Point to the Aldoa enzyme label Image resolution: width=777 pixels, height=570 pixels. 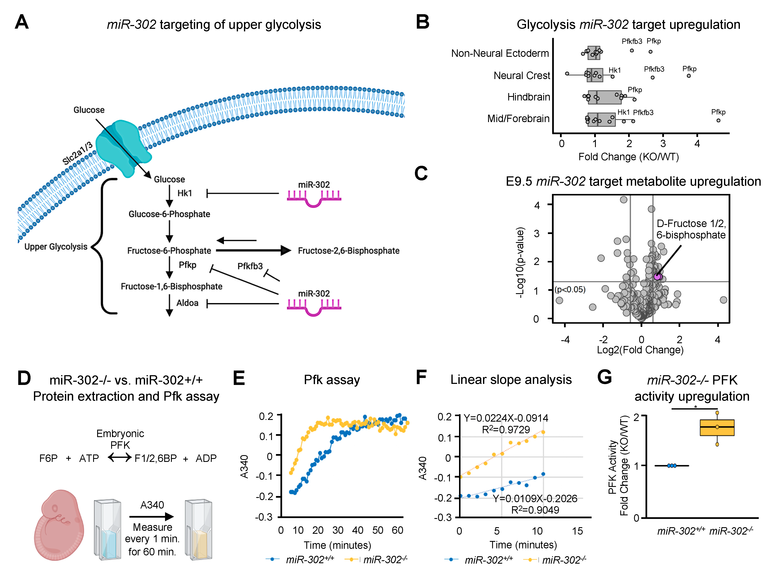[188, 303]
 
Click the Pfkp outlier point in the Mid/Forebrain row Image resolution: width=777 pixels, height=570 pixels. [718, 120]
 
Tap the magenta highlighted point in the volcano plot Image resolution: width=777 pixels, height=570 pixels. [657, 276]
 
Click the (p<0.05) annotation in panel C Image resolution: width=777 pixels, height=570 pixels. [570, 290]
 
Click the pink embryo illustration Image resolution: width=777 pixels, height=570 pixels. [59, 524]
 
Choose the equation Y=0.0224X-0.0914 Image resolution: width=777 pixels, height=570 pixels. [506, 418]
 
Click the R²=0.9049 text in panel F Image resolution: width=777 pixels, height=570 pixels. [535, 510]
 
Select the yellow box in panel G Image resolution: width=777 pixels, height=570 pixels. [717, 428]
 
